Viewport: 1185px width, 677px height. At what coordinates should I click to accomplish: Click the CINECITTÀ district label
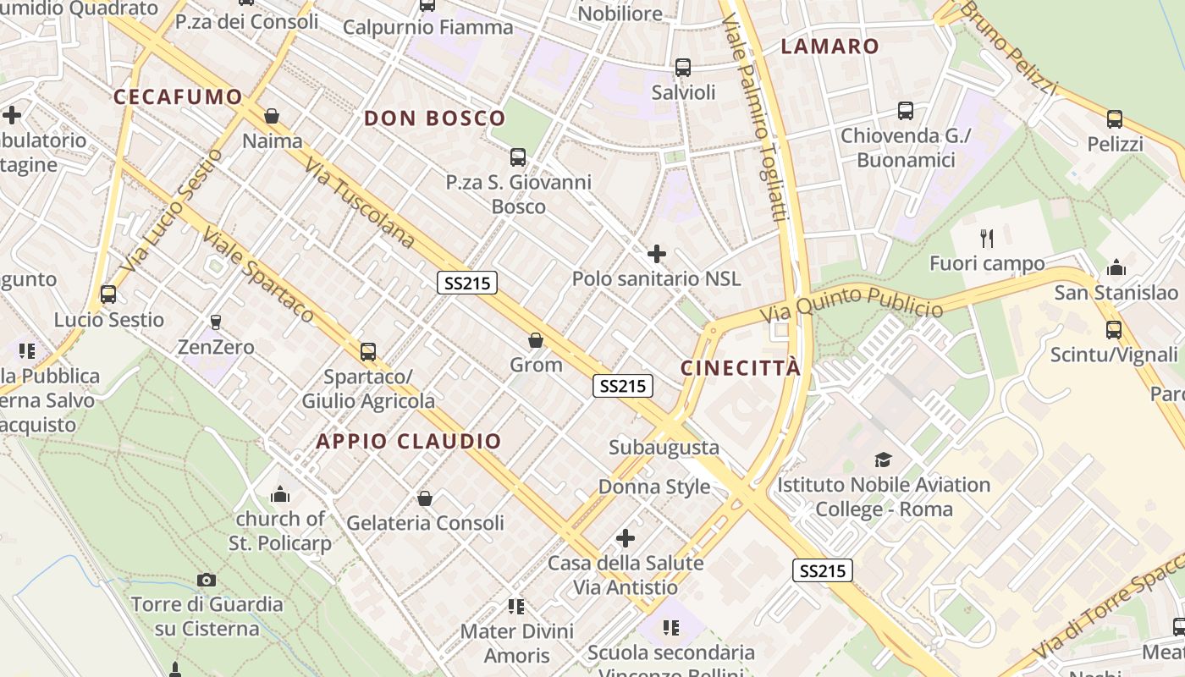[741, 368]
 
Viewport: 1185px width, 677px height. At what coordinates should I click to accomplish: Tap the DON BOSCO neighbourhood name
[434, 118]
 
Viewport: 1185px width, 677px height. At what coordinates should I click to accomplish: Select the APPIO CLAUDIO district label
[409, 441]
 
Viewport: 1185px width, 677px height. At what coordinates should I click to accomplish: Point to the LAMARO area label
[829, 47]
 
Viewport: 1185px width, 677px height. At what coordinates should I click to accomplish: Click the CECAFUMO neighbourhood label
[178, 96]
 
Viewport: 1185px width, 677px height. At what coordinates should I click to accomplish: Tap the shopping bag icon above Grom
[535, 340]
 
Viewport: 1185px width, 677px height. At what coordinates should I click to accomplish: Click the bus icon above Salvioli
[683, 68]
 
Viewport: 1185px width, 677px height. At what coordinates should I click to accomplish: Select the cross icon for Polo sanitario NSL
[656, 253]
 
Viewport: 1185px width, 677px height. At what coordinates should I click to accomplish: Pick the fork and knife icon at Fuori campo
[986, 238]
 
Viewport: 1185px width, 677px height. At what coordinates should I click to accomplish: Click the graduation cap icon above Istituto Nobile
[883, 460]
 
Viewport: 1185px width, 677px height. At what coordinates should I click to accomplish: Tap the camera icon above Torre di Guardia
[207, 580]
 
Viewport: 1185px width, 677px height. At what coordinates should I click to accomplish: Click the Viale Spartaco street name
[259, 276]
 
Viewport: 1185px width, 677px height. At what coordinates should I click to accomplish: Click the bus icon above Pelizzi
[1114, 119]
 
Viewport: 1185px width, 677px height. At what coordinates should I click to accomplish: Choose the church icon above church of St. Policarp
[280, 493]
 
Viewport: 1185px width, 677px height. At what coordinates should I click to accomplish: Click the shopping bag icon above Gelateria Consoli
[425, 498]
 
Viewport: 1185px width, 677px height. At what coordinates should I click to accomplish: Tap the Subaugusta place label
[664, 448]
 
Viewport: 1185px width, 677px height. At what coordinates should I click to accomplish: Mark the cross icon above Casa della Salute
[626, 537]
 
